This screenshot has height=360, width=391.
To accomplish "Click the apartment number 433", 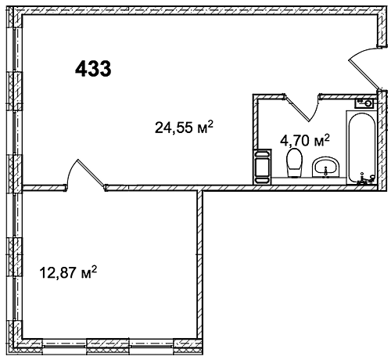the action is coord(93,69).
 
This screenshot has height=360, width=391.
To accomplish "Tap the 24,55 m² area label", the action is coord(184,127).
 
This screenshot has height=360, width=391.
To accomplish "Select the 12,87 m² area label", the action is coord(68,272).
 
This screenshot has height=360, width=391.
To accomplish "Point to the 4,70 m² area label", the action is coord(305,140).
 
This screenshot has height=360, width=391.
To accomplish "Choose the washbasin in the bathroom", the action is coord(326,167).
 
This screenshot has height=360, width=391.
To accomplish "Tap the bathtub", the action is coord(361,148).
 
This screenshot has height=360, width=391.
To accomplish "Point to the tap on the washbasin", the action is coord(325,171).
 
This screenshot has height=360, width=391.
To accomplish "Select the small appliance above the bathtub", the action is coord(364,103).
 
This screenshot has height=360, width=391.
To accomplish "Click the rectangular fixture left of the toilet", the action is coord(262,167).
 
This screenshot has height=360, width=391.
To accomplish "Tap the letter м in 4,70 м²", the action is coord(317,142).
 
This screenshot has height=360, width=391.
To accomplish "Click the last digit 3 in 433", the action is coord(105,69).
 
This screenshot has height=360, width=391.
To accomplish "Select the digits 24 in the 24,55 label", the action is coord(163,128).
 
